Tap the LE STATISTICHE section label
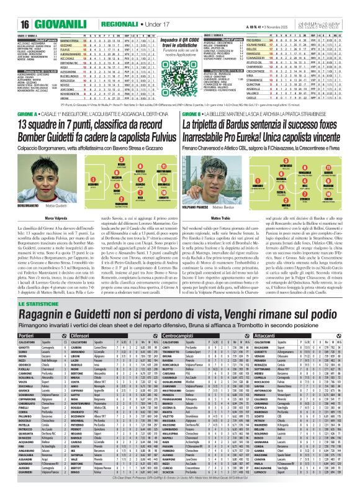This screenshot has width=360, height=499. [x=40, y=321]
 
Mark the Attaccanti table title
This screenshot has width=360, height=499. [x=274, y=353]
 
